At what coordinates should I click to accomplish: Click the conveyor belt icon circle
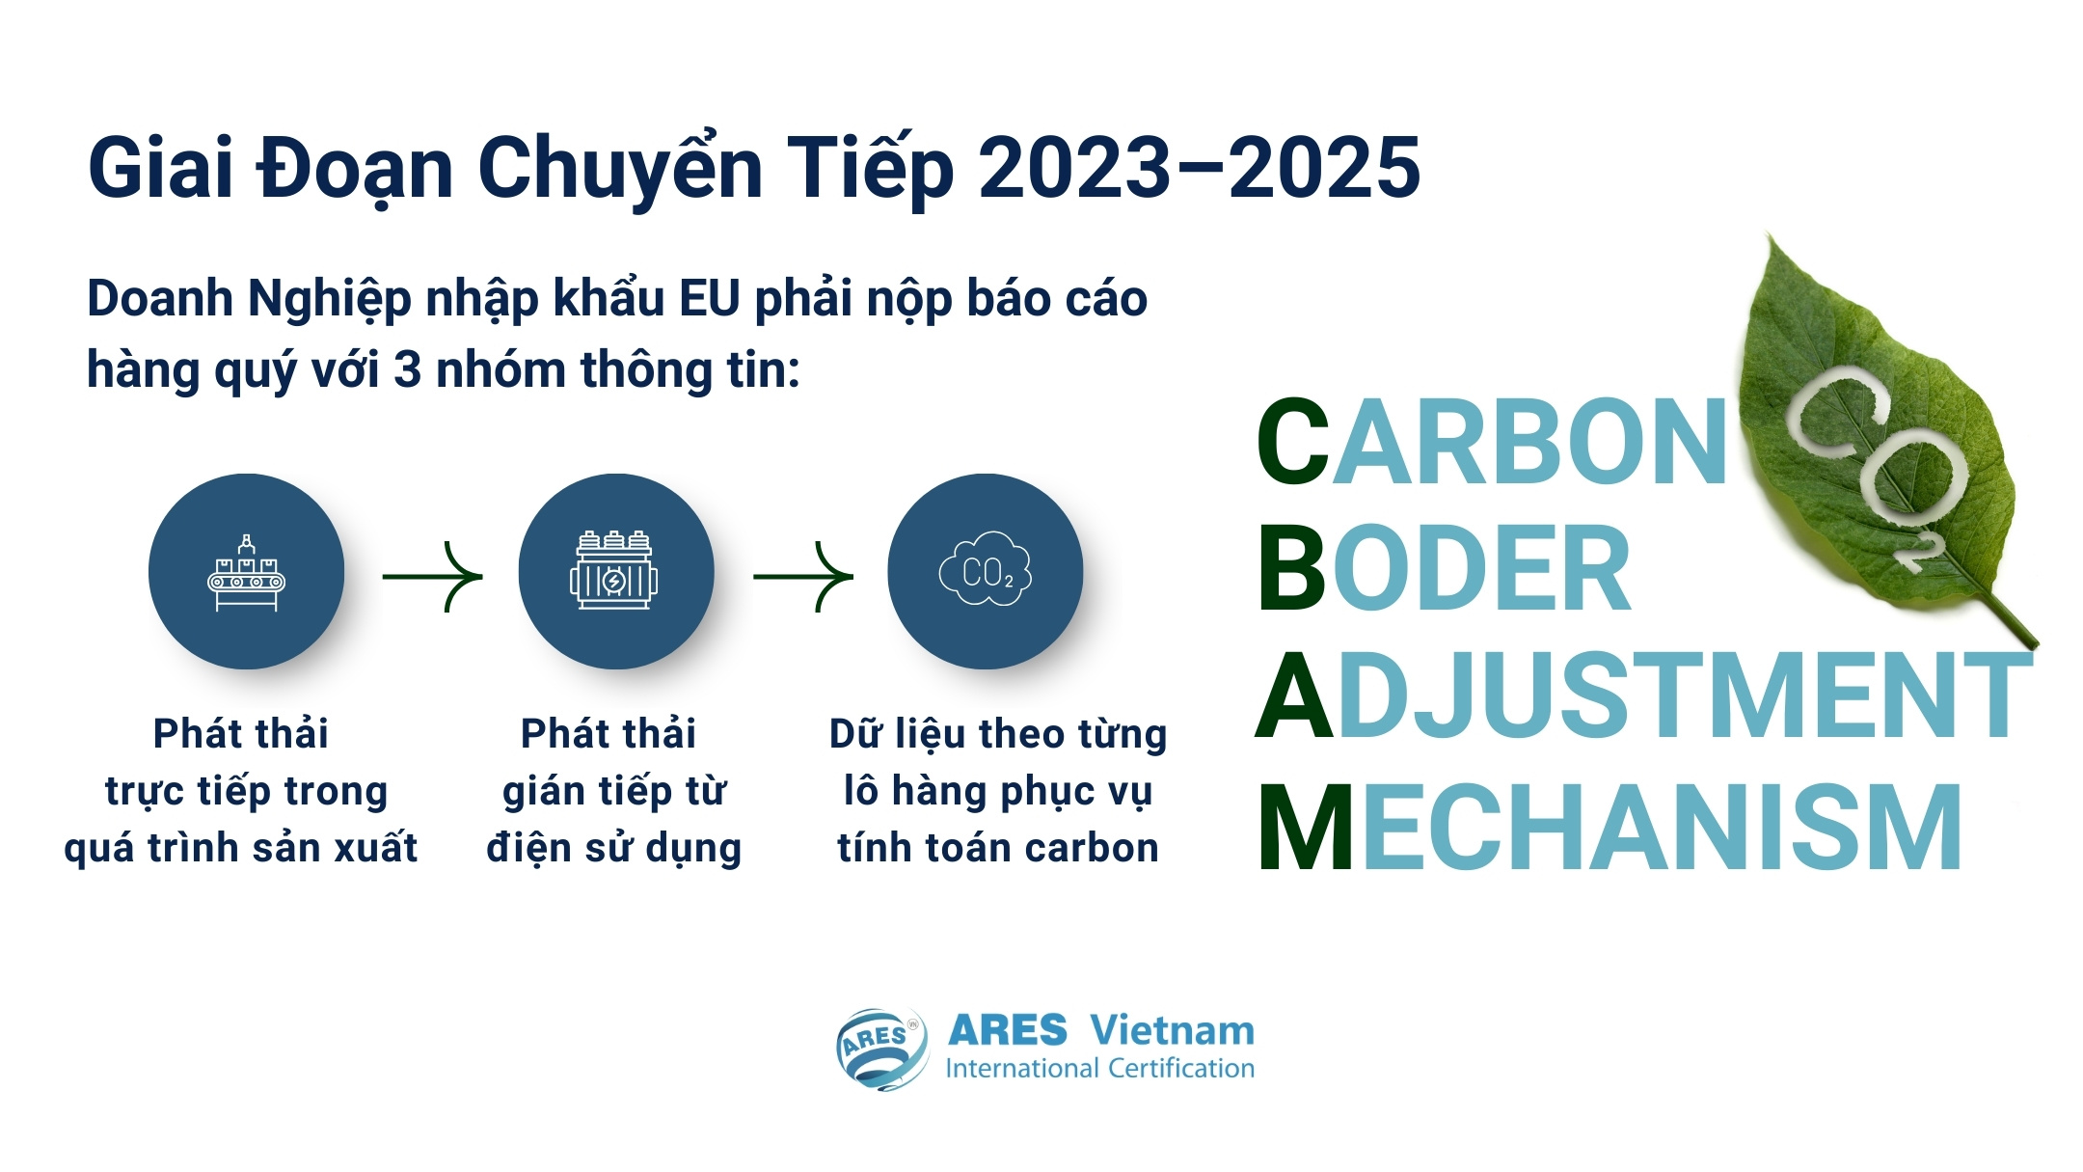(x=246, y=571)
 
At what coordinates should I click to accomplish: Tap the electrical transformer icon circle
(x=615, y=571)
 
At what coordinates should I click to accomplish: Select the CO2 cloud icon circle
(x=985, y=571)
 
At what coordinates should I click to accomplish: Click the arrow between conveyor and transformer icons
(x=432, y=577)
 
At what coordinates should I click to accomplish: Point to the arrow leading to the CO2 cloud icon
(x=802, y=577)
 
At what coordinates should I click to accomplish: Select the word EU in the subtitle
(x=709, y=298)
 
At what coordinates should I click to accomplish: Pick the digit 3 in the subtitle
(x=407, y=370)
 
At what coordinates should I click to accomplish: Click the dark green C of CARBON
(x=1293, y=442)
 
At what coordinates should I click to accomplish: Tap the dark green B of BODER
(x=1292, y=569)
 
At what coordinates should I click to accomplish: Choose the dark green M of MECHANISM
(x=1306, y=828)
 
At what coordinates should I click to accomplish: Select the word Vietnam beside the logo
(x=1173, y=1031)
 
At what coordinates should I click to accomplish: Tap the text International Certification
(x=1099, y=1069)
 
